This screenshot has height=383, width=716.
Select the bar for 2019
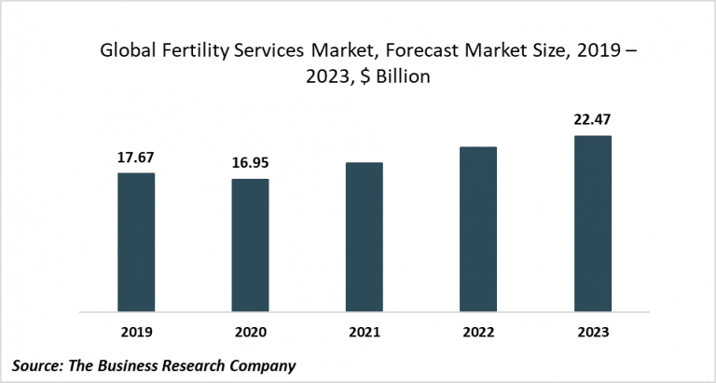tap(136, 242)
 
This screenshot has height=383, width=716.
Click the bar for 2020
tap(250, 245)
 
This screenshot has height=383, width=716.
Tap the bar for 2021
tap(364, 237)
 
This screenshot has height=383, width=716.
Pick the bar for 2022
tap(478, 229)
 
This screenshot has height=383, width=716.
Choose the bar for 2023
tap(592, 224)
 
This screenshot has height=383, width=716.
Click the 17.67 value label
tap(136, 158)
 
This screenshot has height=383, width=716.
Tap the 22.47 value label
tap(592, 120)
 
